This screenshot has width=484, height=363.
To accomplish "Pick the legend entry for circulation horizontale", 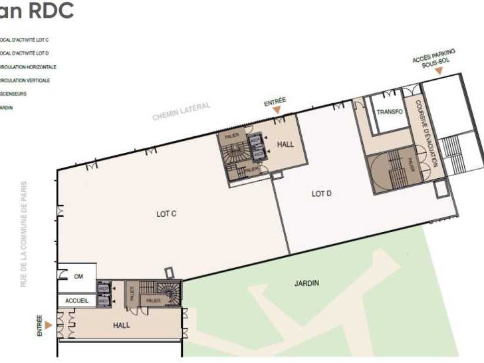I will (28, 67).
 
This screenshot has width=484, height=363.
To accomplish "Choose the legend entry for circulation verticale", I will (25, 80).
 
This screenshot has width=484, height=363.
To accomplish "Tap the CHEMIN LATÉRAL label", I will (181, 111).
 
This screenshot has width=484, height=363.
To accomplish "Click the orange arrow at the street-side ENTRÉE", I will (48, 326).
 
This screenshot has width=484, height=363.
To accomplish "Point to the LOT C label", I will (166, 214).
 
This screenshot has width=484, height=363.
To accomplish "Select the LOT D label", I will (321, 193).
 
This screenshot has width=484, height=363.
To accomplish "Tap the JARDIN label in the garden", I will (306, 283).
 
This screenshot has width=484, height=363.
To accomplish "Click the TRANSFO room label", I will (390, 112).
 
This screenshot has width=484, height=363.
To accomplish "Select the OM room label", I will (78, 277).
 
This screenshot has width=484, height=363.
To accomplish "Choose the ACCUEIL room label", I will (77, 301).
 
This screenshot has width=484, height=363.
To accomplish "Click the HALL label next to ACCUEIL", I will (122, 325).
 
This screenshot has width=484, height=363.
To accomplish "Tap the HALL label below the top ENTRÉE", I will (285, 144).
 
